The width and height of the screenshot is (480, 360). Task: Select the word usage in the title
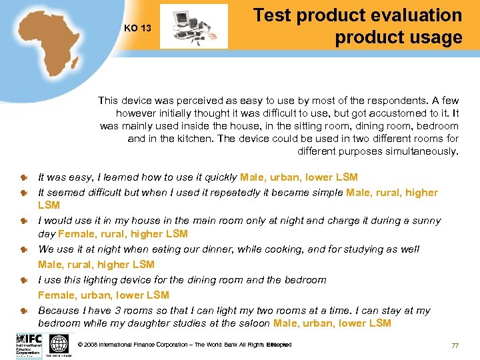pyautogui.click(x=433, y=37)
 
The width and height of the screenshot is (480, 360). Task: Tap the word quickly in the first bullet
pyautogui.click(x=219, y=177)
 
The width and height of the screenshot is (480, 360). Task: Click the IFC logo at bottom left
pyautogui.click(x=29, y=344)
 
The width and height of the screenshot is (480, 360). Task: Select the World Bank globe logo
pyautogui.click(x=59, y=344)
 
